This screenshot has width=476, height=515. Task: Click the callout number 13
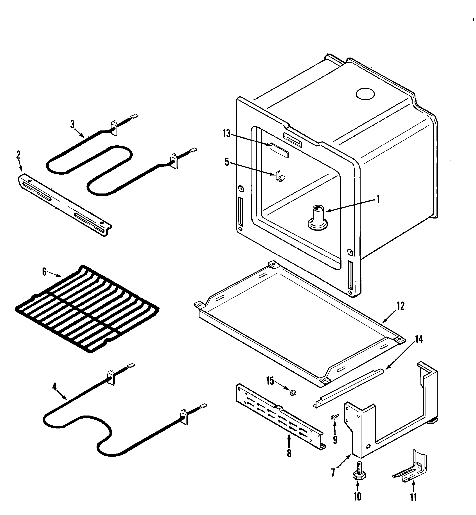(226, 134)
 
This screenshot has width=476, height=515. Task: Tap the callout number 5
(227, 162)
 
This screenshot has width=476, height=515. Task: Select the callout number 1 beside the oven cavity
(378, 199)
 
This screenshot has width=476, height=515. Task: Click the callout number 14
(419, 340)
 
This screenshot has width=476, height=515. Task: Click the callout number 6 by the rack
(44, 272)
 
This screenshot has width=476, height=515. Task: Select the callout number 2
(18, 155)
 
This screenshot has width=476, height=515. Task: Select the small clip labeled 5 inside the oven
(280, 175)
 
